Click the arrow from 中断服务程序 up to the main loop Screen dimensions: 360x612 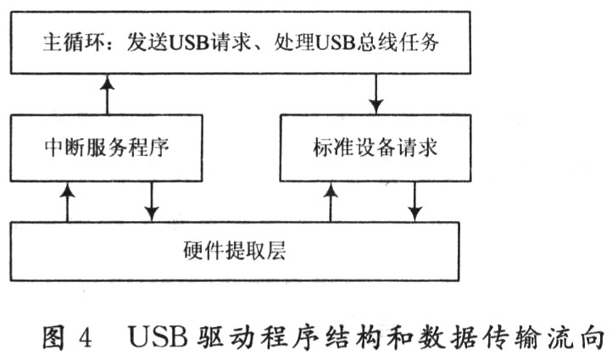pyautogui.click(x=108, y=95)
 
